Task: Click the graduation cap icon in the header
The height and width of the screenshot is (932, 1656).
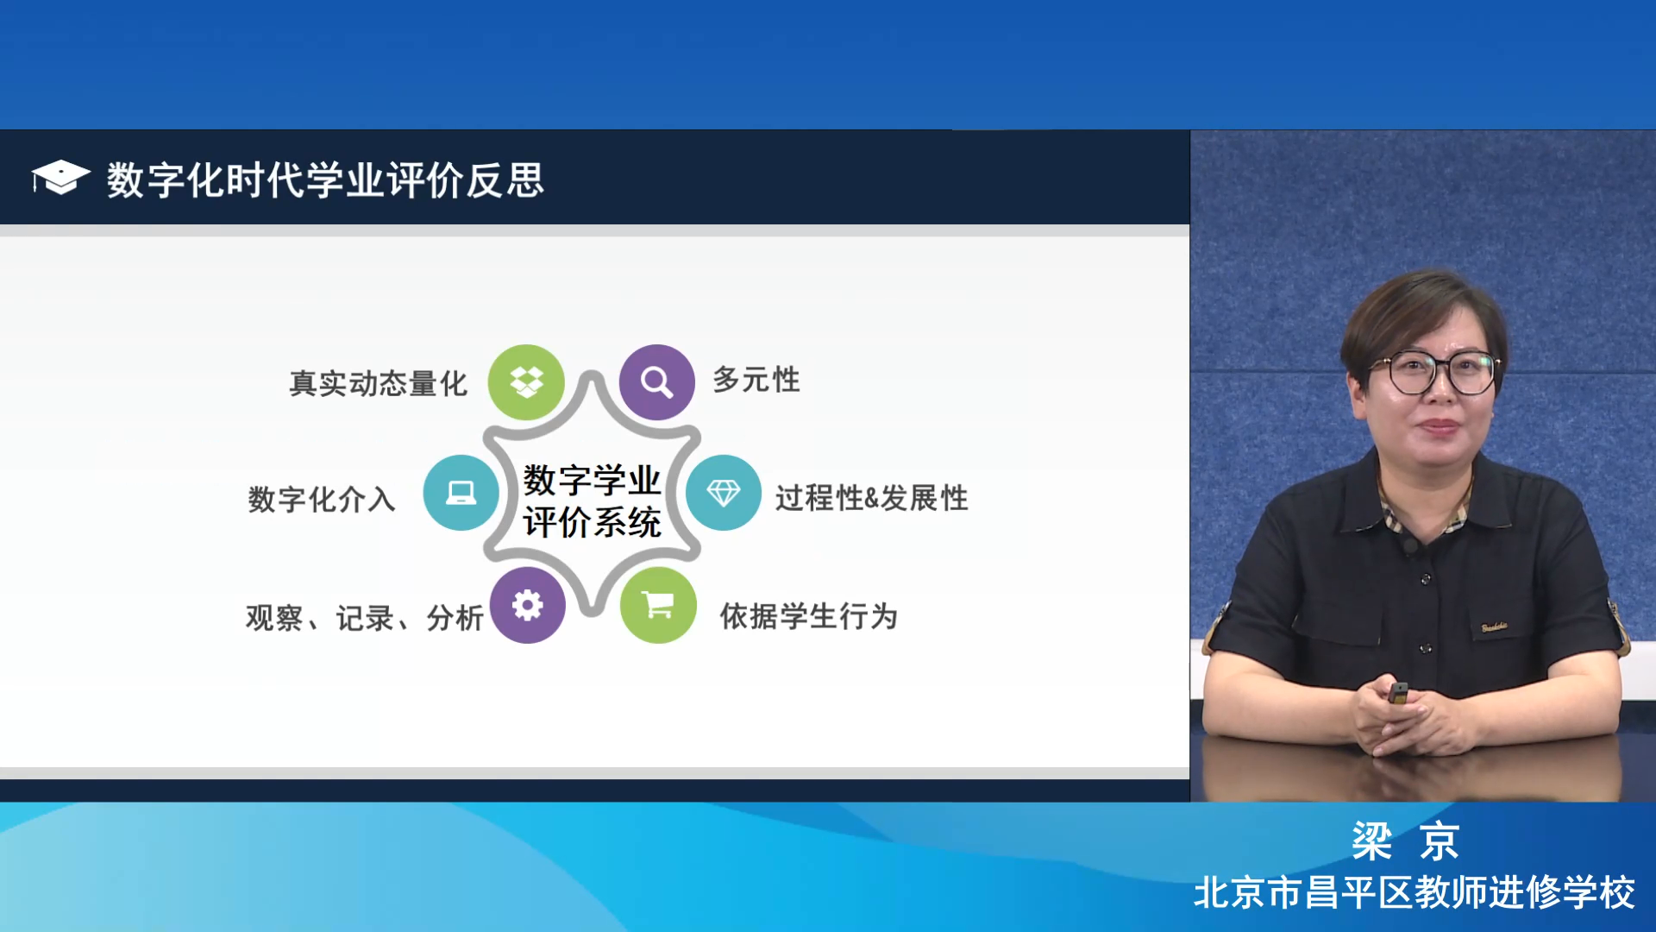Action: pyautogui.click(x=60, y=178)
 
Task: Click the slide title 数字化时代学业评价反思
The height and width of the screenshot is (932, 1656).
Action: pyautogui.click(x=325, y=180)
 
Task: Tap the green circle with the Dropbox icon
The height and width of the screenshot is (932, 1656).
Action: pyautogui.click(x=526, y=382)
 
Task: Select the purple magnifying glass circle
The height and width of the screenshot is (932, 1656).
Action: pyautogui.click(x=656, y=382)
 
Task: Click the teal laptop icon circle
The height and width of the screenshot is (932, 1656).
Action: pyautogui.click(x=461, y=493)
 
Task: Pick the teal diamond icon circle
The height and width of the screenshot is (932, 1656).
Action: pyautogui.click(x=723, y=493)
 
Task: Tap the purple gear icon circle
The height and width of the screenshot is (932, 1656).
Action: pyautogui.click(x=527, y=605)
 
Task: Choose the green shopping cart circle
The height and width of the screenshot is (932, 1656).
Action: pyautogui.click(x=658, y=605)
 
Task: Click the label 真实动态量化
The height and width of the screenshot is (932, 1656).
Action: pyautogui.click(x=378, y=383)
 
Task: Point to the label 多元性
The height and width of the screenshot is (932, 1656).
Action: pyautogui.click(x=756, y=380)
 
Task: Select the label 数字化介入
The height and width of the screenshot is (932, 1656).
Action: pyautogui.click(x=322, y=499)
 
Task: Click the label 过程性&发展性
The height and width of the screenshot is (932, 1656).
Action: pyautogui.click(x=871, y=498)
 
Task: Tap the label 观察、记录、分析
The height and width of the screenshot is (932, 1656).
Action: pyautogui.click(x=365, y=618)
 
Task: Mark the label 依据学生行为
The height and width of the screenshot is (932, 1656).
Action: pyautogui.click(x=809, y=616)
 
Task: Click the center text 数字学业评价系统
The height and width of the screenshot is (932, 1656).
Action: pyautogui.click(x=592, y=501)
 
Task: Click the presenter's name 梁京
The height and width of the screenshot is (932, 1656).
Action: pyautogui.click(x=1405, y=841)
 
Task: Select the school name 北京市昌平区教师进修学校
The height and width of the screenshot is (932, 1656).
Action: pyautogui.click(x=1414, y=892)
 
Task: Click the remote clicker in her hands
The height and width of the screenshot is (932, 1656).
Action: pyautogui.click(x=1398, y=693)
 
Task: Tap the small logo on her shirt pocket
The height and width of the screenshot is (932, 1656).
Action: pyautogui.click(x=1495, y=627)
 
